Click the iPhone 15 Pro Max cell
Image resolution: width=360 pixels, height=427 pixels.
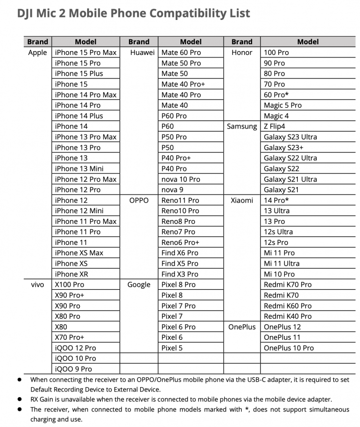[x=86, y=53]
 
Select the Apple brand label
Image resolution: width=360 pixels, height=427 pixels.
[x=37, y=53]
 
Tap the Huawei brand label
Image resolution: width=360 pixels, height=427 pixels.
[x=143, y=53]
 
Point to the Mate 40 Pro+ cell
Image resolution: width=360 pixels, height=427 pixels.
[x=183, y=84]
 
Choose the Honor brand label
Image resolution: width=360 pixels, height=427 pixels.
[x=242, y=53]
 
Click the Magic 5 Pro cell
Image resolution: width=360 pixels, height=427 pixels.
[x=282, y=105]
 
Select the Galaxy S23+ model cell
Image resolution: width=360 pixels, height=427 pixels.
[x=283, y=148]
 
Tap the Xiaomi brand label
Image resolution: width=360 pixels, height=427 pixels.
[x=242, y=200]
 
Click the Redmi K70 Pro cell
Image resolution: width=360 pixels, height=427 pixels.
[x=288, y=284]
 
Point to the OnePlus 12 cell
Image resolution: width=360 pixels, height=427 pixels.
[x=282, y=327]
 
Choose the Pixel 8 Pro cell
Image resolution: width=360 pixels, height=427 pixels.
[x=178, y=284]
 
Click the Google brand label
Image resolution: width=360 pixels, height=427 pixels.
[x=139, y=284]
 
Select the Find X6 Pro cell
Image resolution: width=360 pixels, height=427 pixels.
[x=180, y=253]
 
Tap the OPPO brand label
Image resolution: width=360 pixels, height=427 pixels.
[x=139, y=200]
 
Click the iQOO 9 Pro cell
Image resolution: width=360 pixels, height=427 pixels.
[x=73, y=369]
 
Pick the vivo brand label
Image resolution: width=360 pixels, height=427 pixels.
[x=37, y=284]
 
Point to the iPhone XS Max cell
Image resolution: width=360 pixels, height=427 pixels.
[x=79, y=253]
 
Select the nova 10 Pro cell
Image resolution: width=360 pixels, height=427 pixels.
[x=180, y=179]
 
